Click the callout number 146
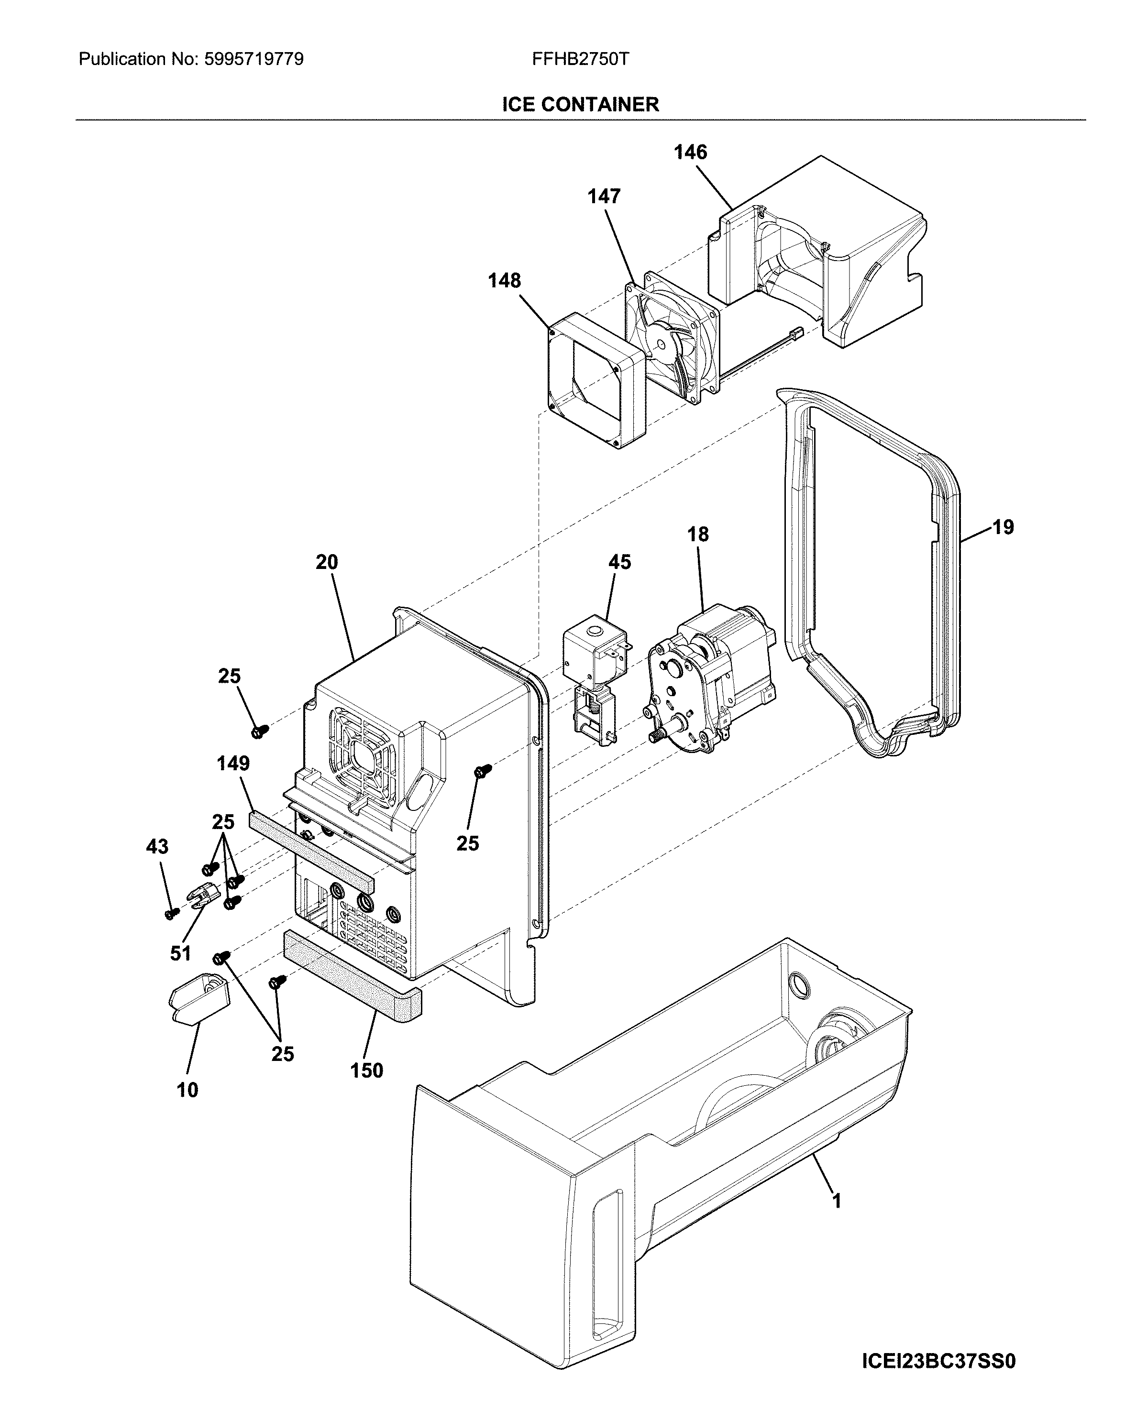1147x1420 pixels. [690, 153]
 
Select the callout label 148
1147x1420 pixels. [504, 281]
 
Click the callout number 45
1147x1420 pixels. [619, 562]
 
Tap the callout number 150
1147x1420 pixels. [367, 1070]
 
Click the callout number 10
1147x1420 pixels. [187, 1091]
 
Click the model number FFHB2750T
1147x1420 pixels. [580, 59]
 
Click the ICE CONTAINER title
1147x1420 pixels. [580, 104]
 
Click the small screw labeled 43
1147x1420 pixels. [172, 913]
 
